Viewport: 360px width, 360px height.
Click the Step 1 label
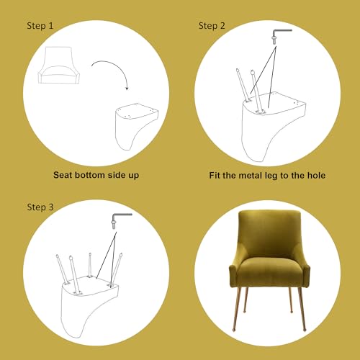40,26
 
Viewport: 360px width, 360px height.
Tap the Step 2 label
212,26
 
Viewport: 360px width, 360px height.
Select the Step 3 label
40,207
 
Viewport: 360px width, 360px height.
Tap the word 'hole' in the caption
317,176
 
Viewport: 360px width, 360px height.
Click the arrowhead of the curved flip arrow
127,88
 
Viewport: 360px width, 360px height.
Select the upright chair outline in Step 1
59,66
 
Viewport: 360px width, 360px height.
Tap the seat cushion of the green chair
269,269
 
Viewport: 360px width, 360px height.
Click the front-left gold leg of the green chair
237,308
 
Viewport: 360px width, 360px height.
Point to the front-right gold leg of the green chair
302,309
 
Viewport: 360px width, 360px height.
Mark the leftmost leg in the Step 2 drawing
243,85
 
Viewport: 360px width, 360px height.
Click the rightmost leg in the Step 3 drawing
116,269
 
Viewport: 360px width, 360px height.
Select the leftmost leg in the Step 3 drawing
62,269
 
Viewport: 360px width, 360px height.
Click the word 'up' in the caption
134,176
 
